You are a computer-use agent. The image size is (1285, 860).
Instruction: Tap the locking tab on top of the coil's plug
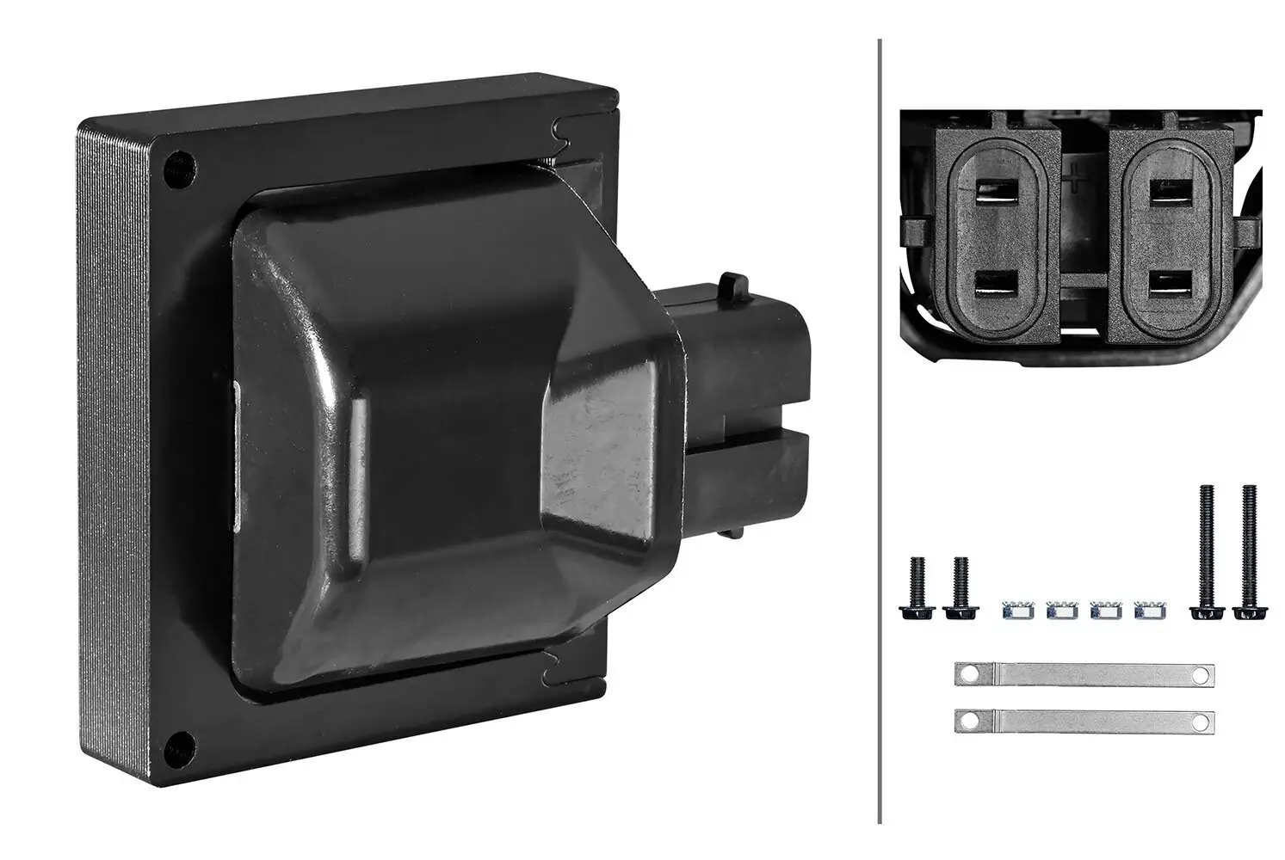click(732, 282)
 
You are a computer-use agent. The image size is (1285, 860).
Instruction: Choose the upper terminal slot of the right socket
click(1168, 188)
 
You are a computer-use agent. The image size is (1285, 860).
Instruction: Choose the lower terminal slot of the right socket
click(1168, 284)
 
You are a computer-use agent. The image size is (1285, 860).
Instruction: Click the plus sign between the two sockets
click(1072, 180)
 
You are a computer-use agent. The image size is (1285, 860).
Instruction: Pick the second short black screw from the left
click(959, 588)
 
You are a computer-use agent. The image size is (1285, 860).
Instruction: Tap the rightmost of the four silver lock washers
click(1146, 612)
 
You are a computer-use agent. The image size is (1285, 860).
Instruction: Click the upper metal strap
click(1084, 675)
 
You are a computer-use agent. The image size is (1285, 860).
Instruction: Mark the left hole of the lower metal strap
click(971, 721)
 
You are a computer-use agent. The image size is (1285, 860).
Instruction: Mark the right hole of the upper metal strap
click(1200, 675)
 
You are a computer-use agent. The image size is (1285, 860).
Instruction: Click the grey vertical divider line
click(879, 430)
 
